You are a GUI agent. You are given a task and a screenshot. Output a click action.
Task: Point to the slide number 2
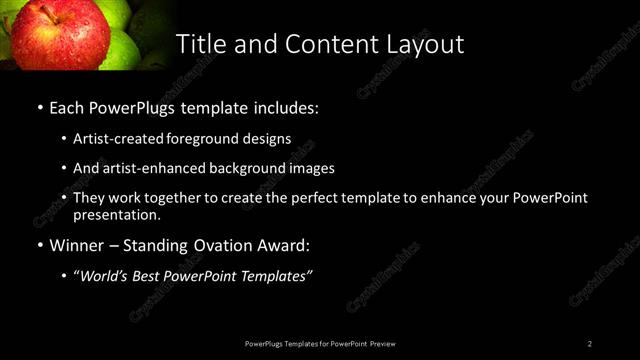(x=590, y=343)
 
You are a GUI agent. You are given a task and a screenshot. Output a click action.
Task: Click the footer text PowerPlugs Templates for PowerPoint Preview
(x=319, y=343)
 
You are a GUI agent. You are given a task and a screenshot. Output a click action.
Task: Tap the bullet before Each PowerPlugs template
(x=39, y=105)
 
